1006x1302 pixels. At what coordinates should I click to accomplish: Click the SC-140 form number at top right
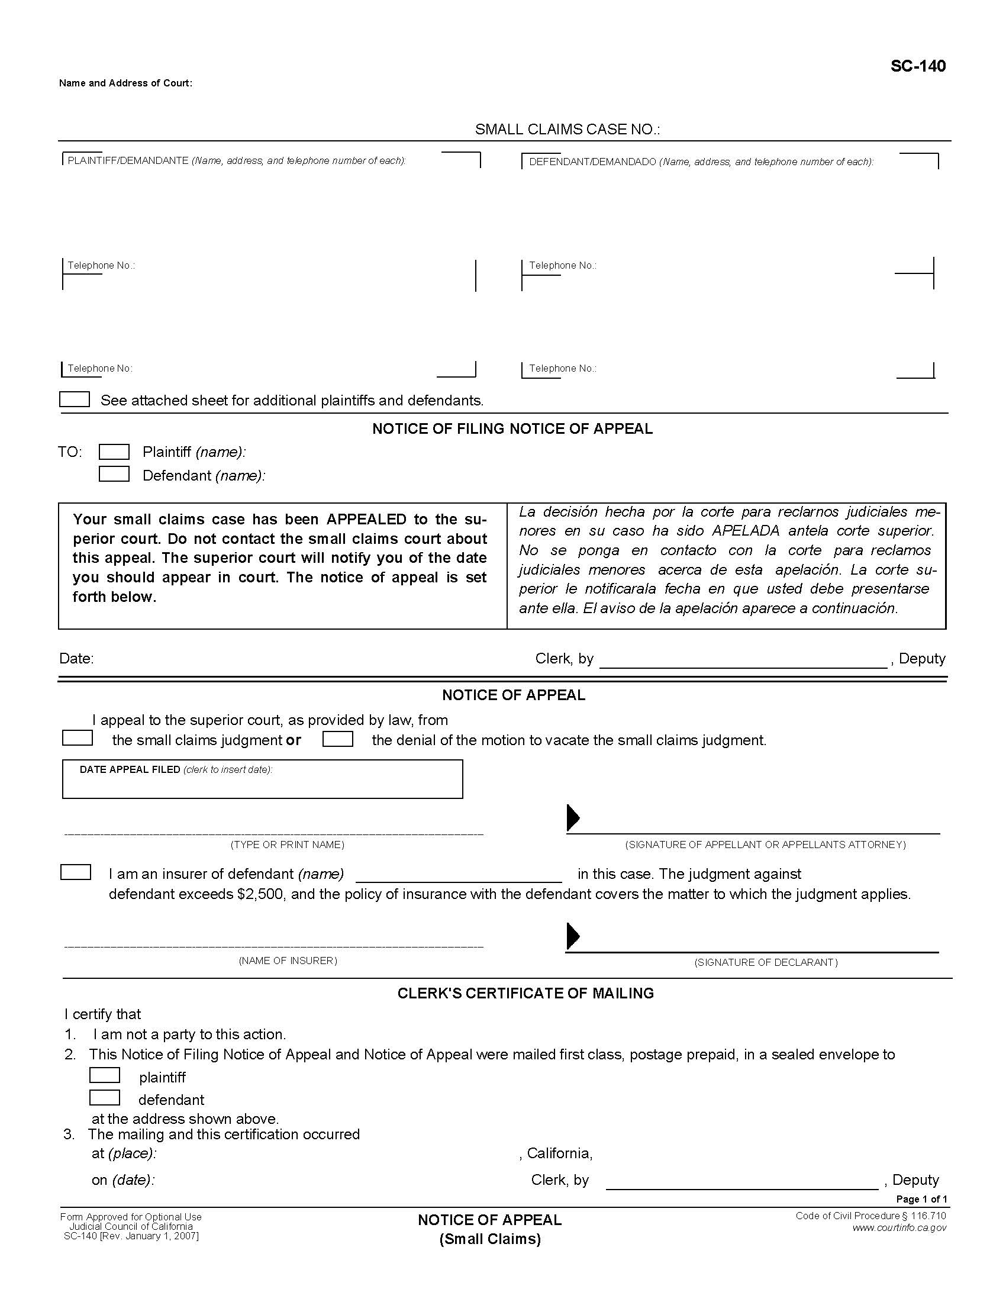point(917,66)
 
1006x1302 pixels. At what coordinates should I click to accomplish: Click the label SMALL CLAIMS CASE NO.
point(567,130)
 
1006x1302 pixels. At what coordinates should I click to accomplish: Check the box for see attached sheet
point(75,399)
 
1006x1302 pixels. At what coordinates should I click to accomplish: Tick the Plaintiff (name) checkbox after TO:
point(114,452)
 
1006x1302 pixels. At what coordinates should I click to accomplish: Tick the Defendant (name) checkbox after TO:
point(114,474)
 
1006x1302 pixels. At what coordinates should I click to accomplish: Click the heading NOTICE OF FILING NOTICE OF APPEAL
point(512,428)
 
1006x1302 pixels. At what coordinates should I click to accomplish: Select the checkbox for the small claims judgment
point(78,738)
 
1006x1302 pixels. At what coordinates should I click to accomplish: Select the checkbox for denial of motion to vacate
point(337,739)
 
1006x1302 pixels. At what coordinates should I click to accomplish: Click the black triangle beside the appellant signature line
point(573,818)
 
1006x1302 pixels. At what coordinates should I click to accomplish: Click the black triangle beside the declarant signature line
point(573,936)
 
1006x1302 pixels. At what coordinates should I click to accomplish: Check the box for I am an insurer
point(76,872)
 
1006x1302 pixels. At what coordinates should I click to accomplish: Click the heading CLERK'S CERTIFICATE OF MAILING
point(525,993)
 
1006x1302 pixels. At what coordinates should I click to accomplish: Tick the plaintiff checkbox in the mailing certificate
point(104,1075)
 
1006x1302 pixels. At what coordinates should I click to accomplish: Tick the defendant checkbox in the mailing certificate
point(104,1097)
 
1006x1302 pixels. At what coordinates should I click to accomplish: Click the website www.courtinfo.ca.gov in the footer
point(899,1227)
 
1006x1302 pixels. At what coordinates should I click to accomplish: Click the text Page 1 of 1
point(921,1199)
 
